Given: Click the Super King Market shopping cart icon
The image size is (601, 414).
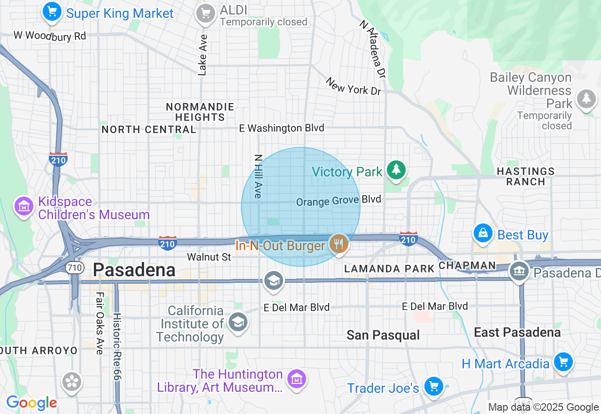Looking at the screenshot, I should pyautogui.click(x=52, y=12).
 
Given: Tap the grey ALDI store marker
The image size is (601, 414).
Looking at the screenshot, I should pyautogui.click(x=205, y=13).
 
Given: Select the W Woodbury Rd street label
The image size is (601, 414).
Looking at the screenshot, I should pyautogui.click(x=50, y=36).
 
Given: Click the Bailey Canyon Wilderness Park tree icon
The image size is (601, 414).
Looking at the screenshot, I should pyautogui.click(x=586, y=99).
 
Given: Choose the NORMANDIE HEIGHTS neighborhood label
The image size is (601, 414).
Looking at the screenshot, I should pyautogui.click(x=200, y=112).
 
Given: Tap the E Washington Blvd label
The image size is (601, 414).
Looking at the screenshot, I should pyautogui.click(x=281, y=128).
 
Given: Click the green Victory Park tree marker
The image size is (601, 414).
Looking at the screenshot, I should pyautogui.click(x=396, y=170).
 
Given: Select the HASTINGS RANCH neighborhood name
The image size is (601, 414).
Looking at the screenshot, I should pyautogui.click(x=525, y=176).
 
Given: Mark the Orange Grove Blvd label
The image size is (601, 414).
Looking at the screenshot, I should pyautogui.click(x=339, y=200).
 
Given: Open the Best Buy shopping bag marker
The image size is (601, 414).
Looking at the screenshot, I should pyautogui.click(x=483, y=233).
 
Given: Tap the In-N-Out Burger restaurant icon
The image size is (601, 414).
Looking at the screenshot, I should pyautogui.click(x=338, y=244).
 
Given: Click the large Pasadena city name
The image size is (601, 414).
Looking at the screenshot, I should pyautogui.click(x=134, y=270).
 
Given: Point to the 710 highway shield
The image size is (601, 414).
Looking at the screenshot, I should pyautogui.click(x=75, y=268).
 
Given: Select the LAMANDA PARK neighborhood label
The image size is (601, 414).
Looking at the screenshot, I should pyautogui.click(x=389, y=269).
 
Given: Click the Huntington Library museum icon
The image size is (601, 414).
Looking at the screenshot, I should pyautogui.click(x=297, y=379).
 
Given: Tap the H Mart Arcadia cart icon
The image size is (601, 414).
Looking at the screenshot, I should pyautogui.click(x=563, y=362).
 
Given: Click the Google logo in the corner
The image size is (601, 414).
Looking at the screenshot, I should pyautogui.click(x=31, y=403).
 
